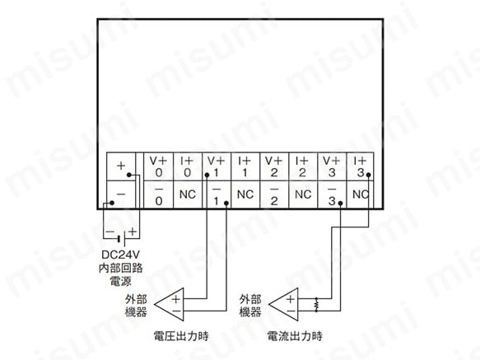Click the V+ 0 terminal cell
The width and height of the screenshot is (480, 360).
pos(159,166)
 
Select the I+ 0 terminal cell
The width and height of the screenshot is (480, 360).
pos(188,166)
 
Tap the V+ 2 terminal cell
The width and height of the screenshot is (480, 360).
pos(274,166)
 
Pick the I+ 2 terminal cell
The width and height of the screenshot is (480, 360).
pos(303,166)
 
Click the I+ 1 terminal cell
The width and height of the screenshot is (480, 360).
pos(245,166)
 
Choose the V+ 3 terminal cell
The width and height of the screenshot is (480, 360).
pos(332,166)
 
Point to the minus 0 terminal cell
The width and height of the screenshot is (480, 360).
pos(159,194)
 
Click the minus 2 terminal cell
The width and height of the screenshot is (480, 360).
pos(274,194)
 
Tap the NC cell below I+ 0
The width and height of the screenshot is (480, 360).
pos(188,194)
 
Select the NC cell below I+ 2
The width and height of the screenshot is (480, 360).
pos(303,194)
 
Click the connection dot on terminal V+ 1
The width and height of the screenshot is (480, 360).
pos(207,175)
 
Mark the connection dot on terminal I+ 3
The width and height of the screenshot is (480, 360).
pos(369,175)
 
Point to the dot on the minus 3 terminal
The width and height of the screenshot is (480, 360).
pos(340,203)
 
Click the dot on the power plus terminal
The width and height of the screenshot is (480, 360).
pos(129,175)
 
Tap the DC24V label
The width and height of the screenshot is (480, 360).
pos(120,255)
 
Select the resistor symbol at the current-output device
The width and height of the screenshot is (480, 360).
pos(316,305)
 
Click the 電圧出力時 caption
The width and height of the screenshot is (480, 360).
pos(181,336)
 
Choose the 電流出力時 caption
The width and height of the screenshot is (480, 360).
pos(295,336)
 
